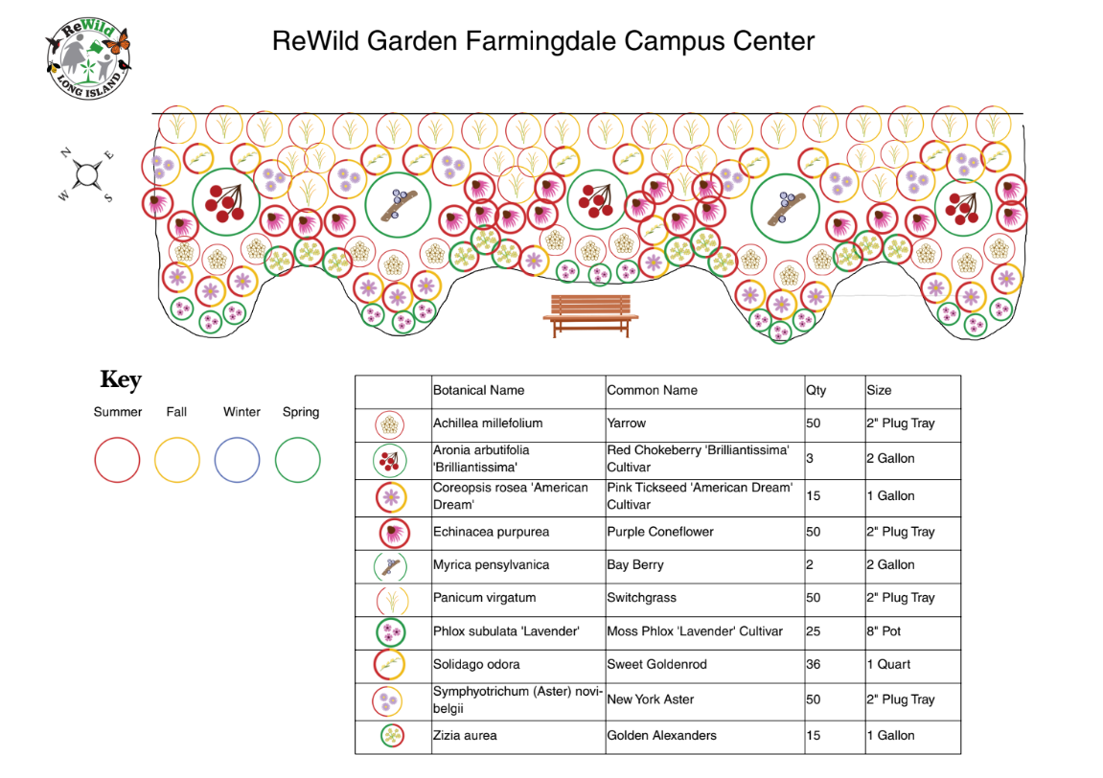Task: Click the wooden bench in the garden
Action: point(590,315)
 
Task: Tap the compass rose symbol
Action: point(87,174)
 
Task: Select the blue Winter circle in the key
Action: point(237,460)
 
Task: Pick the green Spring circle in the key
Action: point(297,460)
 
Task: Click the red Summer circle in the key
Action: point(117,460)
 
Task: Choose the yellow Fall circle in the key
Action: point(177,460)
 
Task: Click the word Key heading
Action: point(121,380)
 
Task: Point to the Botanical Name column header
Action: point(478,391)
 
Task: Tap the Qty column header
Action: point(816,391)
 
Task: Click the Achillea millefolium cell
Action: point(488,423)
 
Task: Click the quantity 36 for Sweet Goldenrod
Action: point(814,664)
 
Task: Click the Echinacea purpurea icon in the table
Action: point(393,532)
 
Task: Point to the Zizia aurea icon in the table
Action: point(392,736)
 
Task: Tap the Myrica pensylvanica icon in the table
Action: point(391,565)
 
